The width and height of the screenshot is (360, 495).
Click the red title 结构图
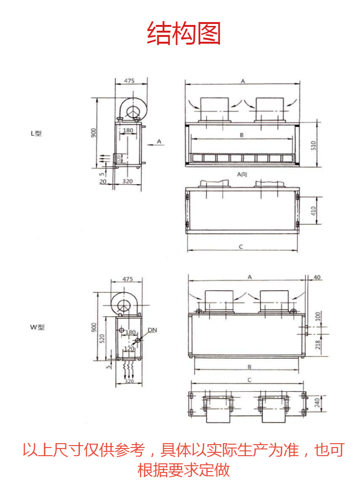pyautogui.click(x=183, y=33)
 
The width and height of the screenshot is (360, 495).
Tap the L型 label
pyautogui.click(x=36, y=133)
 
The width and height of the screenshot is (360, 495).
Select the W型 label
pyautogui.click(x=37, y=327)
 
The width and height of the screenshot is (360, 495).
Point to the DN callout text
pyautogui.click(x=152, y=330)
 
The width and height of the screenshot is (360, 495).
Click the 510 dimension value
pyautogui.click(x=313, y=145)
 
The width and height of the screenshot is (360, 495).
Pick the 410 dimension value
pyautogui.click(x=313, y=211)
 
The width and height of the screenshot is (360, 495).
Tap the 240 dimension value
pyautogui.click(x=317, y=403)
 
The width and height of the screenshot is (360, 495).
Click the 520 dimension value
pyautogui.click(x=102, y=339)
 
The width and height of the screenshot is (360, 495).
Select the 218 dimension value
pyautogui.click(x=318, y=344)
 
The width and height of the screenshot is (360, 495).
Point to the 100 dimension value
pyautogui.click(x=318, y=316)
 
